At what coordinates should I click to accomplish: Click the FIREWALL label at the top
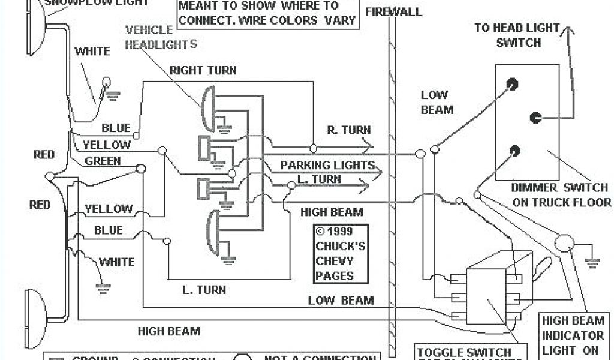coord(393,11)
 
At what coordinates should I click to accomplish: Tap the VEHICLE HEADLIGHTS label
coord(161,37)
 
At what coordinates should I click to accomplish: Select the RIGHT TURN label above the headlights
coord(203,70)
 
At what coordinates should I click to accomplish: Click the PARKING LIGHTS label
coord(327,165)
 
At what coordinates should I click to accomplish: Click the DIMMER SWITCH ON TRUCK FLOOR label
coord(562,195)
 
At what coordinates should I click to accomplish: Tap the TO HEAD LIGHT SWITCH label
coord(516,35)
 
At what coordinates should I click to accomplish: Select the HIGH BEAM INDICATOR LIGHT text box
coord(573,335)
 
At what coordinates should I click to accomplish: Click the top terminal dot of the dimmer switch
coord(512,83)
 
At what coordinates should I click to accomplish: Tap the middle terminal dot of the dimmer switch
coord(536,117)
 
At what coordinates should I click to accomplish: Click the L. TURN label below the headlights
coord(204,290)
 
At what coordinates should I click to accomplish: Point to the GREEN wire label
coord(103,161)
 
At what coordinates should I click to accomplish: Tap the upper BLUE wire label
coord(115,128)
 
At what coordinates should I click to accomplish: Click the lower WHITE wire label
coord(116,262)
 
